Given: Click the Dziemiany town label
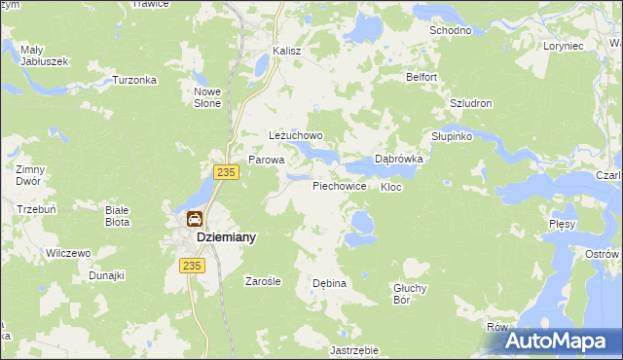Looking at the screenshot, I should coord(226,236).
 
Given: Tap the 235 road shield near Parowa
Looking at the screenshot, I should coord(226,172).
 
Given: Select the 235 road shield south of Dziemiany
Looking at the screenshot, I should coord(190,264).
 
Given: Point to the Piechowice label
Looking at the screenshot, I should coord(339,185).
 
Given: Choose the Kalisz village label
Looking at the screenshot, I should coord(288,51).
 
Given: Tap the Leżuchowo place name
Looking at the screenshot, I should coord(295,136).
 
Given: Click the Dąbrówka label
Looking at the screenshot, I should coord(398,160).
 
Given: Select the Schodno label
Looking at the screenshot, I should coord(451,30).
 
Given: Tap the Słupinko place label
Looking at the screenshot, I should coord(452,136).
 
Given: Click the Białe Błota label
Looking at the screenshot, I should coord(124,214).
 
